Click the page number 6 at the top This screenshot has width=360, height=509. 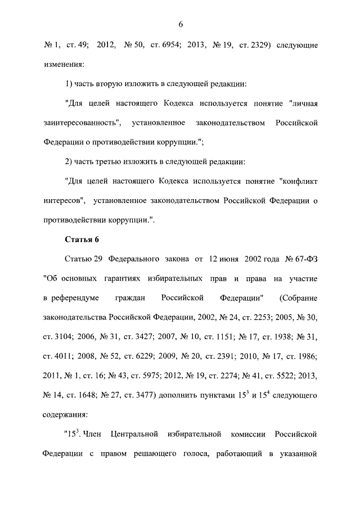click(x=181, y=24)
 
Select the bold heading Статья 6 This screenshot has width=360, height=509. click(x=82, y=239)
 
